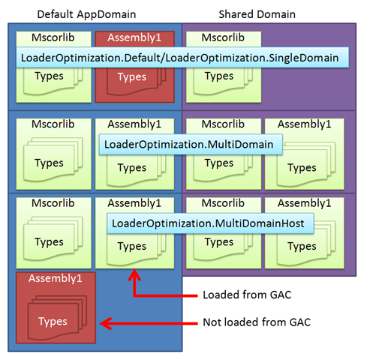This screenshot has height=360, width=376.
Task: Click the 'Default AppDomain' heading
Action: [86, 14]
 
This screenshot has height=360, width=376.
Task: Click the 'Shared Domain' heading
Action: [257, 14]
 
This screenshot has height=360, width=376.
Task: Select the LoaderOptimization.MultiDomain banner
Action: [191, 145]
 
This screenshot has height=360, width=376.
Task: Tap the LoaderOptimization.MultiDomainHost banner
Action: [210, 223]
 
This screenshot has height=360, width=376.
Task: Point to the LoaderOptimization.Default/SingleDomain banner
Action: [182, 58]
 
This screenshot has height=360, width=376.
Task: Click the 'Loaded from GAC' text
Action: [247, 295]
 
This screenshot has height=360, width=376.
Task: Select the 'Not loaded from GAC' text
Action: [257, 322]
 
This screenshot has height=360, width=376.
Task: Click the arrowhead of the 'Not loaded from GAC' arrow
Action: [101, 323]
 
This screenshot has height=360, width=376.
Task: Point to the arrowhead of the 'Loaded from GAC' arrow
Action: [134, 270]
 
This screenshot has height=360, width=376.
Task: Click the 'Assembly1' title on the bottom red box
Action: [56, 278]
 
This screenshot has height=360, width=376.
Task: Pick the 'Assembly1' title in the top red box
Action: [134, 37]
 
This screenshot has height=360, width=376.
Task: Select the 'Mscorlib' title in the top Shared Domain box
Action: [223, 37]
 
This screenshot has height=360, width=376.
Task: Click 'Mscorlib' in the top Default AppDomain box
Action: [53, 37]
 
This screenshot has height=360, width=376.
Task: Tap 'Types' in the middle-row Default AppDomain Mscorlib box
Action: [49, 163]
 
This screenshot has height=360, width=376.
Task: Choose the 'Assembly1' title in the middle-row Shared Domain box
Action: [305, 124]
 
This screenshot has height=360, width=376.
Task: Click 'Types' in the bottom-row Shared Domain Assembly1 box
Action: [302, 246]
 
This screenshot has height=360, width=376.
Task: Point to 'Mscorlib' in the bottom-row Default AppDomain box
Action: [53, 203]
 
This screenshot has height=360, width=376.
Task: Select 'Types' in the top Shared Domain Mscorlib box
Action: [219, 76]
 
